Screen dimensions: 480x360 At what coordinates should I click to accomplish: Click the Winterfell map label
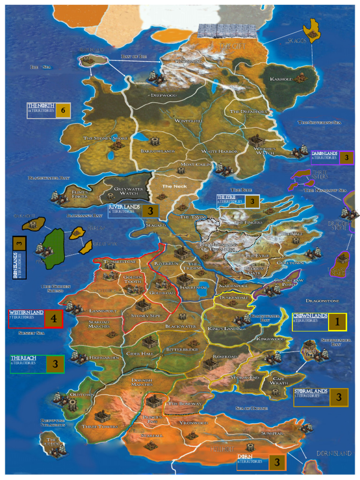(x=188, y=121)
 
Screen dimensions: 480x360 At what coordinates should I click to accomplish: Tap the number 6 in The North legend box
(x=63, y=111)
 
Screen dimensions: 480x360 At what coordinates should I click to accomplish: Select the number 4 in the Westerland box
(x=53, y=319)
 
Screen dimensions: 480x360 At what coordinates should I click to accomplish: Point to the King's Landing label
(x=226, y=328)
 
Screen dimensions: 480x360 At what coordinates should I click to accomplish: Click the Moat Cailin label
(x=193, y=165)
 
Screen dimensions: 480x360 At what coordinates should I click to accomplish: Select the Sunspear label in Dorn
(x=272, y=433)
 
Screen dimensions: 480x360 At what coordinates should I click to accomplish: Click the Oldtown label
(x=82, y=395)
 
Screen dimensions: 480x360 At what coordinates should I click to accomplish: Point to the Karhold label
(x=281, y=79)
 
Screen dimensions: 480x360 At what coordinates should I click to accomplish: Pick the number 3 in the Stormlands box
(x=338, y=397)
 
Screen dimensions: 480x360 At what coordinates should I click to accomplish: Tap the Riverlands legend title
(x=125, y=207)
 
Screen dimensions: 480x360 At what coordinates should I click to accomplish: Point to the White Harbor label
(x=219, y=151)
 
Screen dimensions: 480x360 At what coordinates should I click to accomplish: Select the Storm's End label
(x=245, y=377)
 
